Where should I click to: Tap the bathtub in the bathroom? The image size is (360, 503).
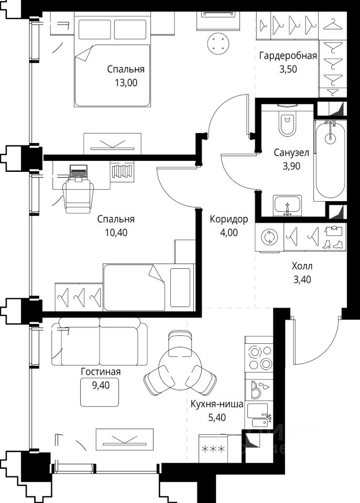(330, 160)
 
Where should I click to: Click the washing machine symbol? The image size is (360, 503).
(269, 237)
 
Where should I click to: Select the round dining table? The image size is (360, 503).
(181, 368)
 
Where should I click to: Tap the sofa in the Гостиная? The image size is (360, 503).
(100, 341)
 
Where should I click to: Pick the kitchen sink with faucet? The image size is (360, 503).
(259, 415)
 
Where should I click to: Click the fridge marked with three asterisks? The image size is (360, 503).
(213, 449)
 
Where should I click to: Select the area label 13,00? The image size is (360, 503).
(126, 83)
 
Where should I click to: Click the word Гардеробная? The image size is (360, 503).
(288, 56)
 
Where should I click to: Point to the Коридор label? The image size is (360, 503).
(229, 219)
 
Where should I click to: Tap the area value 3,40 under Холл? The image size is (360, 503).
(302, 280)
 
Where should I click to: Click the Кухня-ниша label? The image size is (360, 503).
(217, 404)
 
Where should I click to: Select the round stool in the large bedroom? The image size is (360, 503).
(219, 44)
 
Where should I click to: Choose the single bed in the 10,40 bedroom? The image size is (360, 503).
(149, 288)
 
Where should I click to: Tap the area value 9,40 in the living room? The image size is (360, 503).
(101, 385)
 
